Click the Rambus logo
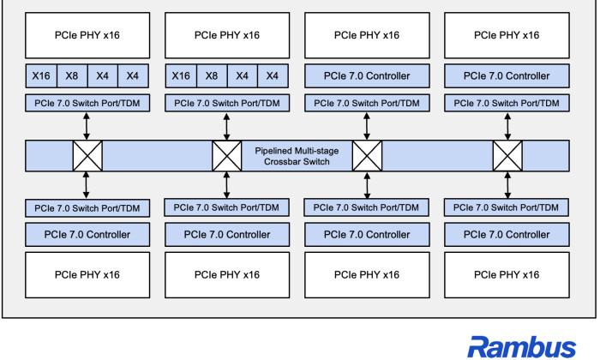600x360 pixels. [x=521, y=347]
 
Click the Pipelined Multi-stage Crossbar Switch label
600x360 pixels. [x=297, y=156]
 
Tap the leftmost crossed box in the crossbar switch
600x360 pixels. [x=87, y=156]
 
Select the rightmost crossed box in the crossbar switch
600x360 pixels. [x=507, y=156]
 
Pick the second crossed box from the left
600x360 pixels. [x=227, y=156]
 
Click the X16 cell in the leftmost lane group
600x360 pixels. [x=41, y=75]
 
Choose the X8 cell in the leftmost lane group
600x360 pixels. [x=72, y=75]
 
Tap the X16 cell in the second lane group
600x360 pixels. [x=181, y=75]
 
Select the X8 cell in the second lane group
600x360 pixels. [x=212, y=75]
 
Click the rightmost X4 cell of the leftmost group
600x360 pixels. [x=133, y=75]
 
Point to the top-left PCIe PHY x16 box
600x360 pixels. [x=87, y=35]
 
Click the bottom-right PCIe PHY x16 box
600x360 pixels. [x=507, y=274]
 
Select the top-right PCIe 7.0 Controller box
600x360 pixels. [x=507, y=75]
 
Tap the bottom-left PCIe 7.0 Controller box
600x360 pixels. [x=87, y=235]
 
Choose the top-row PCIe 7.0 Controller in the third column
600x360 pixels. [x=367, y=75]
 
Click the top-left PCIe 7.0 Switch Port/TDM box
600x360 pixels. [x=87, y=103]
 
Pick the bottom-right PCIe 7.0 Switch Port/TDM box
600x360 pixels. [x=507, y=207]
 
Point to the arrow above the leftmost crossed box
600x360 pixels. [x=87, y=126]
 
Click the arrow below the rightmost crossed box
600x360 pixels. [x=507, y=185]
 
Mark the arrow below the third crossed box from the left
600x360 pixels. [x=367, y=185]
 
